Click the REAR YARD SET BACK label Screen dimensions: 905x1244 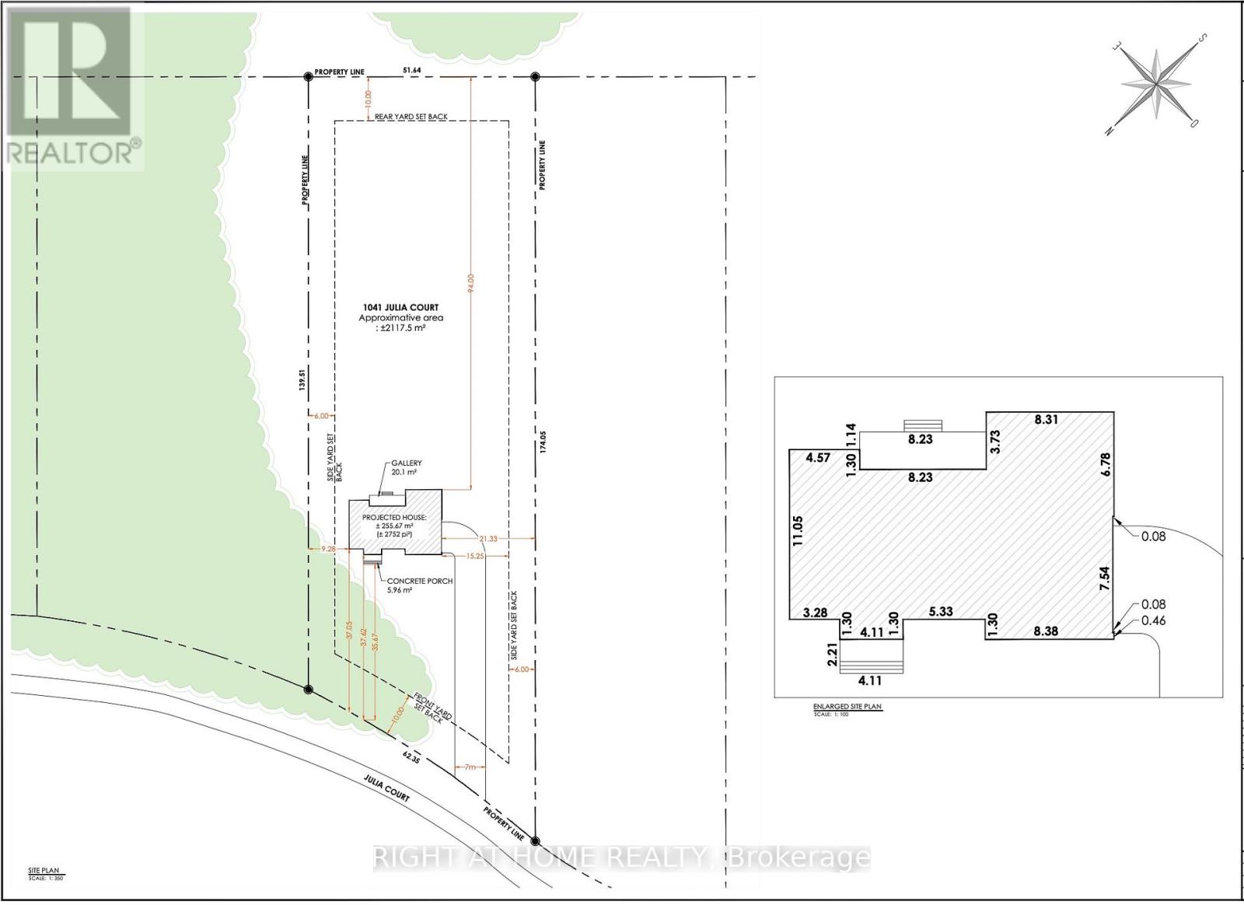[x=411, y=117]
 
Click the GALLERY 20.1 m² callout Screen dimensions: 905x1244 [x=407, y=468]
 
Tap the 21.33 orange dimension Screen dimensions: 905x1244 [x=488, y=538]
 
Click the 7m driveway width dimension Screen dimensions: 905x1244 [x=469, y=767]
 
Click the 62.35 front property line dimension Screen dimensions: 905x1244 [x=411, y=759]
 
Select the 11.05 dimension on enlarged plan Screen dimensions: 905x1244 [x=798, y=530]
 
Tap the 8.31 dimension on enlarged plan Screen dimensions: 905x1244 [x=1046, y=419]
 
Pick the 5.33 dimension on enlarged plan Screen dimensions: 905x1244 [x=941, y=611]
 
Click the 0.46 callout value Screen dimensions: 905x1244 [x=1154, y=620]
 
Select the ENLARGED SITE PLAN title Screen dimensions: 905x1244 [x=847, y=707]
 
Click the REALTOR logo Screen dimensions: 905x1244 [x=72, y=86]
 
